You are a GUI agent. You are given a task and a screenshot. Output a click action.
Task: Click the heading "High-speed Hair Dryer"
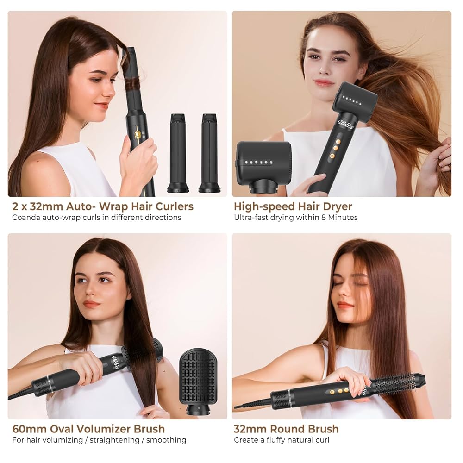click(x=293, y=206)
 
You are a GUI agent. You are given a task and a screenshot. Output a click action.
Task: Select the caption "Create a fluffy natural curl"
click(x=282, y=440)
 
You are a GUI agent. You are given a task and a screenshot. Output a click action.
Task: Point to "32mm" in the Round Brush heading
click(x=249, y=429)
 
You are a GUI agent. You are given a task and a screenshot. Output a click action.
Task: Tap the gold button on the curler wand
click(x=138, y=134)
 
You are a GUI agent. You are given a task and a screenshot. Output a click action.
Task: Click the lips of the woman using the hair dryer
click(x=324, y=83)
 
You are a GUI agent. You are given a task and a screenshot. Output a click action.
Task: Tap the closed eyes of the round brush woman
click(x=350, y=283)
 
